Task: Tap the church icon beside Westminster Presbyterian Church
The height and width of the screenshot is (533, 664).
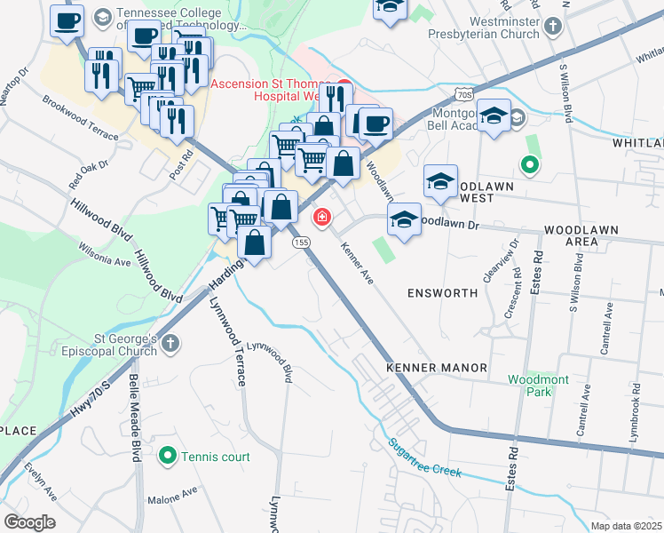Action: tap(553, 25)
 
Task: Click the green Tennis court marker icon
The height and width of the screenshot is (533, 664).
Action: tap(167, 457)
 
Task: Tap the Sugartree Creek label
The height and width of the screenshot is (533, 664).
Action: tap(424, 457)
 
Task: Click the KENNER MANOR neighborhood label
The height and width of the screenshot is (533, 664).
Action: tap(436, 367)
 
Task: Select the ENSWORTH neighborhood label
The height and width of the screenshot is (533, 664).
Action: tap(437, 292)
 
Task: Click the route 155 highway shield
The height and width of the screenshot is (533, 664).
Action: tap(303, 242)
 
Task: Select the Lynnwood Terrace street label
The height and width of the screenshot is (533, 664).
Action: tap(227, 341)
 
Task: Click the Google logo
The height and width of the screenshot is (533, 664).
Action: tap(29, 522)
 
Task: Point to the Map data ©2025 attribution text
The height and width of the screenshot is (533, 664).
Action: tap(625, 526)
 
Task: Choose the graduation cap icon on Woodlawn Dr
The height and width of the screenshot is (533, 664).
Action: tap(404, 219)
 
